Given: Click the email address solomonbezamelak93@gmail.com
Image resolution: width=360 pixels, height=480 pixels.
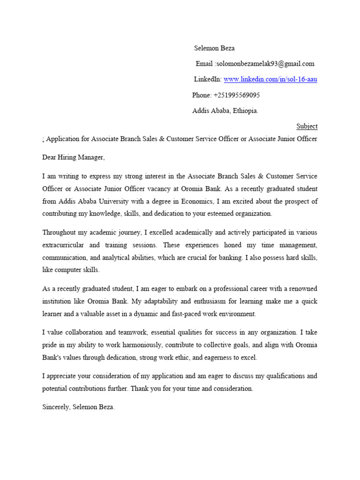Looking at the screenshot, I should pyautogui.click(x=264, y=64).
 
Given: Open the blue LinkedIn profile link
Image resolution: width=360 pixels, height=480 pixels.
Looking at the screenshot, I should pyautogui.click(x=270, y=79).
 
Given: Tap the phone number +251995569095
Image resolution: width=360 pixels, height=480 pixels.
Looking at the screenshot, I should pyautogui.click(x=236, y=95).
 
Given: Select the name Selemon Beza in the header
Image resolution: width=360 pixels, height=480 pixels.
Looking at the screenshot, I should pyautogui.click(x=214, y=48).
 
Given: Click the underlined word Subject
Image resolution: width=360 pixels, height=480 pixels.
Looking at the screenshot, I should pyautogui.click(x=307, y=127).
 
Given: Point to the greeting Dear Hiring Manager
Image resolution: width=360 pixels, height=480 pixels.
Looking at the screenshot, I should pyautogui.click(x=74, y=157).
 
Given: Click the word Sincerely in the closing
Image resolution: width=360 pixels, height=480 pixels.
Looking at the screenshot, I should pyautogui.click(x=56, y=407).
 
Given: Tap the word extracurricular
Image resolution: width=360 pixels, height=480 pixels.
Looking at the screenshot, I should pyautogui.click(x=64, y=245).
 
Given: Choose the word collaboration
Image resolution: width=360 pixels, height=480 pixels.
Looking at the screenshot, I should pyautogui.click(x=83, y=333).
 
